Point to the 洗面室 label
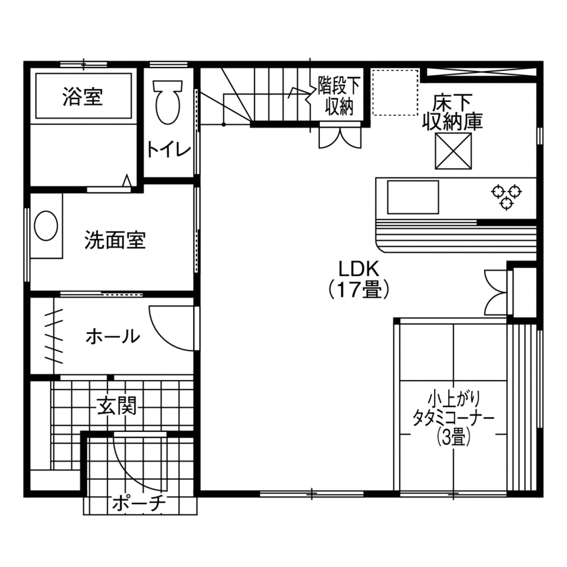pyautogui.click(x=115, y=240)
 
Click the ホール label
pyautogui.click(x=113, y=335)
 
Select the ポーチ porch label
pyautogui.click(x=138, y=502)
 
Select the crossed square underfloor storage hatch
pyautogui.click(x=452, y=151)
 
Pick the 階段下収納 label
pyautogui.click(x=339, y=96)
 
